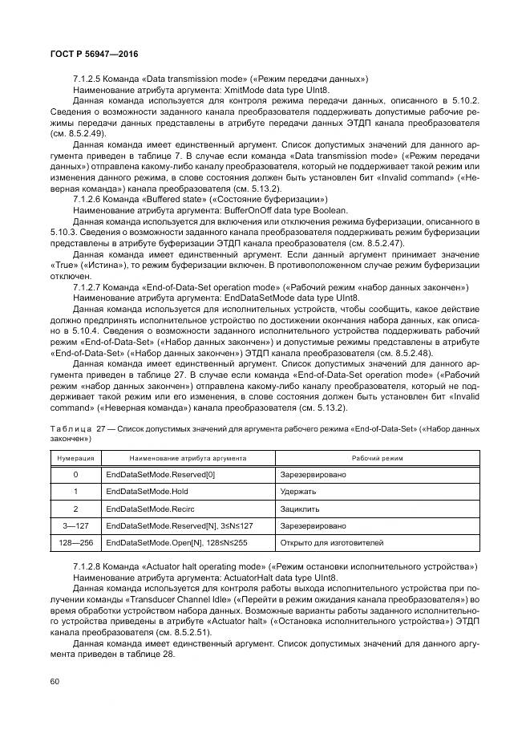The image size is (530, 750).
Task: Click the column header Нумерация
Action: pyautogui.click(x=75, y=457)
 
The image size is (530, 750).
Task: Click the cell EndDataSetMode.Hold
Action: pyautogui.click(x=147, y=491)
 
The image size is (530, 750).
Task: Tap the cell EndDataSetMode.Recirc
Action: pyautogui.click(x=149, y=509)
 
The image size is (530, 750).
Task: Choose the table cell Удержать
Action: pyautogui.click(x=298, y=491)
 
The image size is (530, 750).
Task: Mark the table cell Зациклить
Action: pyautogui.click(x=300, y=509)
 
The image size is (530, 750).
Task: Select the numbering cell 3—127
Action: pyautogui.click(x=75, y=525)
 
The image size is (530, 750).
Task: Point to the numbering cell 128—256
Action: pyautogui.click(x=75, y=543)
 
